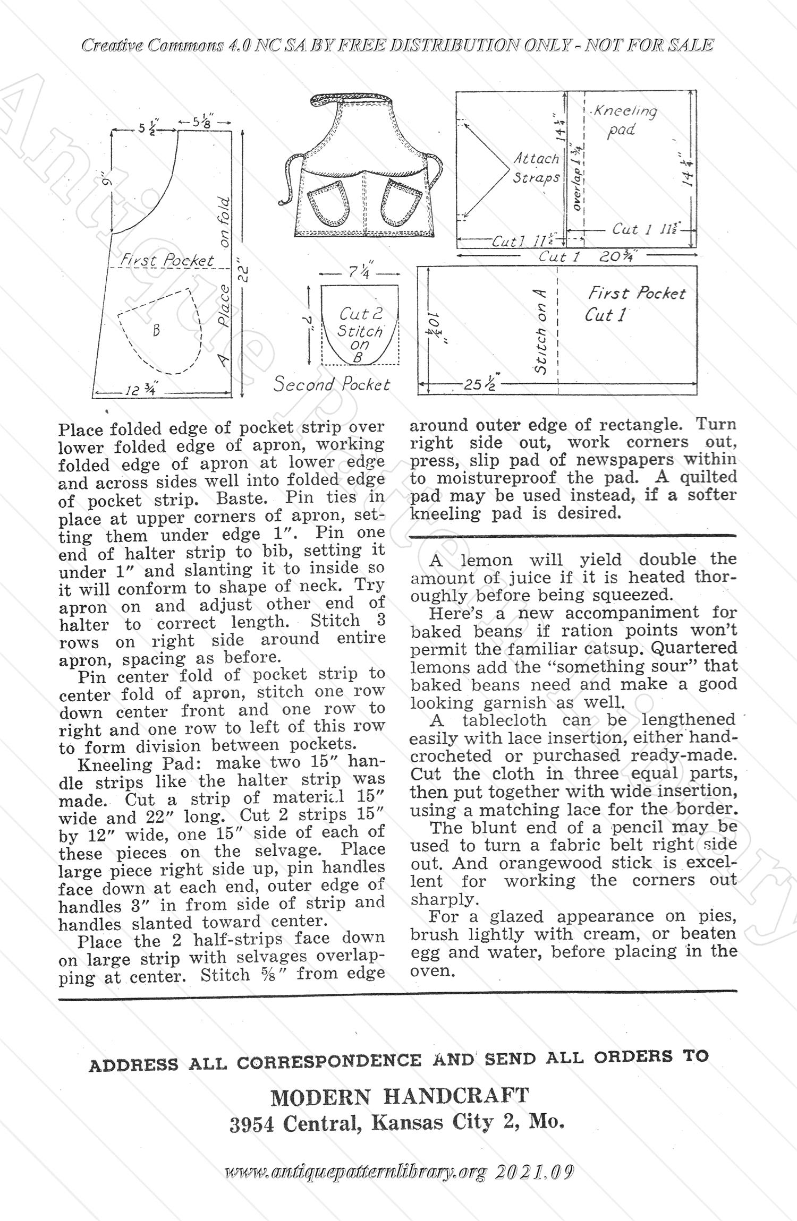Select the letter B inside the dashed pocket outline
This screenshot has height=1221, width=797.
[156, 331]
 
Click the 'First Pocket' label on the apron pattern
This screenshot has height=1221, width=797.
[167, 260]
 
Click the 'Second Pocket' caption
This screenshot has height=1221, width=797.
[332, 384]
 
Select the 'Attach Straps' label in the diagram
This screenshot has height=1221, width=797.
[536, 168]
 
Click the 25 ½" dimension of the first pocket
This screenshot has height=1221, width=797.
[479, 384]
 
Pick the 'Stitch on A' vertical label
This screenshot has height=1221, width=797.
[540, 331]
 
